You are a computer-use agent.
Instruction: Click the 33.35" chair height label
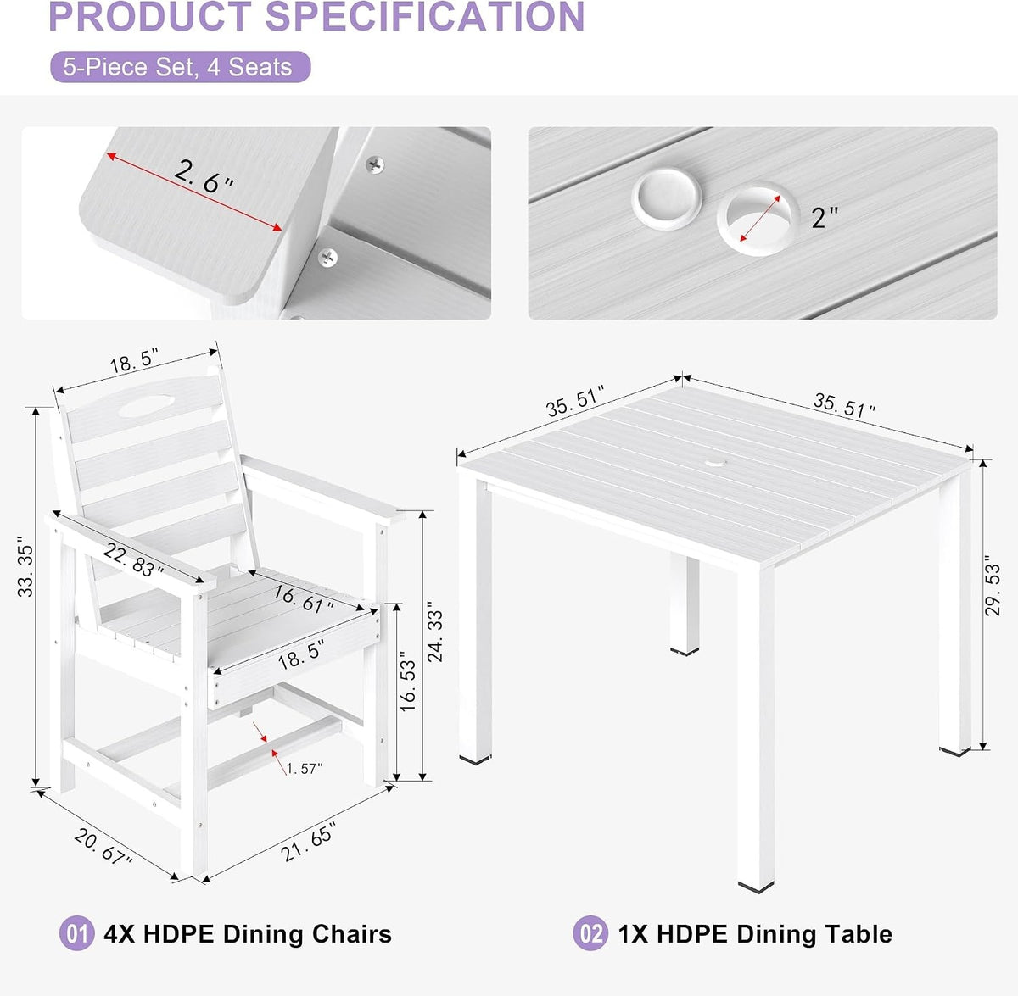25,567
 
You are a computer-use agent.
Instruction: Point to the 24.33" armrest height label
435,632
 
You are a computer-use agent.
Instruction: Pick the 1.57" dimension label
305,769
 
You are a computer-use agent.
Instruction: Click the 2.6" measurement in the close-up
204,176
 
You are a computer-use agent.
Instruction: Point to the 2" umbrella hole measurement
825,217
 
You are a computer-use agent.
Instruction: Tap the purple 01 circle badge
76,933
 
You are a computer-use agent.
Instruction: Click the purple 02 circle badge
590,933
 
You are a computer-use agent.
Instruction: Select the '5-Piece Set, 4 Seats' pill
180,67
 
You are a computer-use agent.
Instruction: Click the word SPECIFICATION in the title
425,17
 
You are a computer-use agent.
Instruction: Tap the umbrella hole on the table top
715,463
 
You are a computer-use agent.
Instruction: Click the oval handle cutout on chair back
146,405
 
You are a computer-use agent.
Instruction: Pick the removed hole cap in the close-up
667,198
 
